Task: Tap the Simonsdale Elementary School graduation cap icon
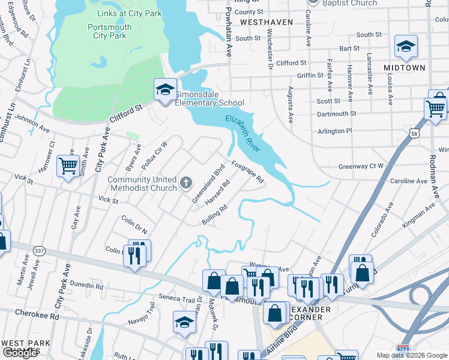(x=165, y=89)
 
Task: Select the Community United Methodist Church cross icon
(x=186, y=181)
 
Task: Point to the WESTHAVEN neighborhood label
(x=266, y=22)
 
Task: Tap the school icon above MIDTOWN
(x=406, y=46)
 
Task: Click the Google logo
(x=20, y=353)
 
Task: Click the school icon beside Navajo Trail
(x=184, y=322)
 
